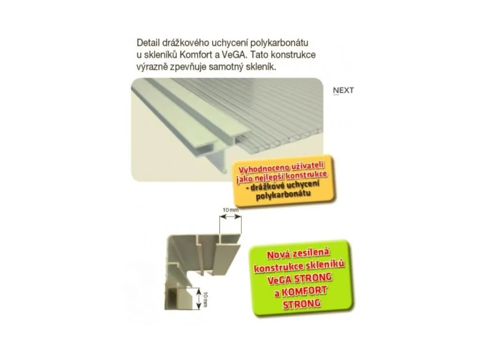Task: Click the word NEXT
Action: (x=343, y=90)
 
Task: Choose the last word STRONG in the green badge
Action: (x=301, y=304)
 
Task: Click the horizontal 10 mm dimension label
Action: (x=230, y=210)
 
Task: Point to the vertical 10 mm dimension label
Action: (x=205, y=299)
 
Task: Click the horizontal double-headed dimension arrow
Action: (x=231, y=217)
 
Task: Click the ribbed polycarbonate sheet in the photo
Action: (x=276, y=120)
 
